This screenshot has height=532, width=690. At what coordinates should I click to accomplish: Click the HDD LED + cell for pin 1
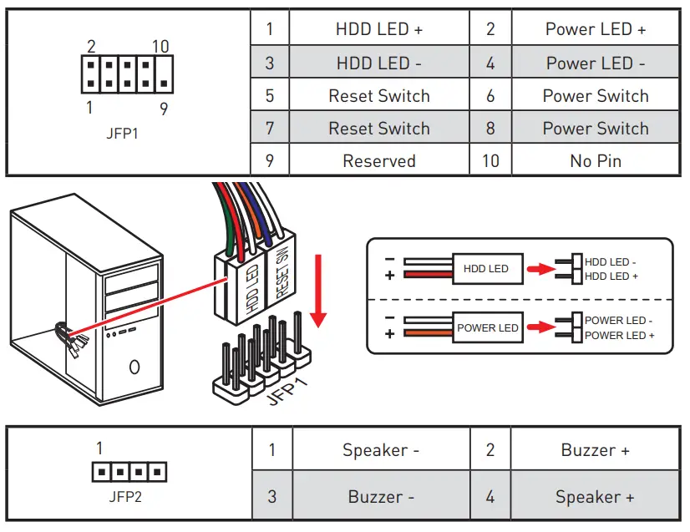tap(379, 29)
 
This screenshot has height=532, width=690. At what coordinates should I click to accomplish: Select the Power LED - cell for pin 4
tap(596, 63)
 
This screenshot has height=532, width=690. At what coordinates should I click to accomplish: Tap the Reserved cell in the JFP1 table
tap(379, 160)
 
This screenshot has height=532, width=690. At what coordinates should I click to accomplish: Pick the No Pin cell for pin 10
tap(596, 160)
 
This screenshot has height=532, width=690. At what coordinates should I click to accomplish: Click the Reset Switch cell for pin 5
tap(379, 96)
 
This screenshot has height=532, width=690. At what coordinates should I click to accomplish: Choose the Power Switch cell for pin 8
tap(596, 129)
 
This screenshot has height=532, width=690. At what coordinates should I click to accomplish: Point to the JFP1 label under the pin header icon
tap(124, 133)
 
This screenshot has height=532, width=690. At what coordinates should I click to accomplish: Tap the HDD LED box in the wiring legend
tap(486, 269)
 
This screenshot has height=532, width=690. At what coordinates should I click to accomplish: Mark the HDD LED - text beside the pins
tap(611, 262)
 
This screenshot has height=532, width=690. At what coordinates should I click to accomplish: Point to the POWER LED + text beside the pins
tap(619, 336)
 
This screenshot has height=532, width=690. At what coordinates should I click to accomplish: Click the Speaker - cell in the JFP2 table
tap(380, 451)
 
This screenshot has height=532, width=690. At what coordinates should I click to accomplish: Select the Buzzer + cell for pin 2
tap(595, 451)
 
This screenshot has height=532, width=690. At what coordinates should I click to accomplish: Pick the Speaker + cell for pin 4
tap(595, 498)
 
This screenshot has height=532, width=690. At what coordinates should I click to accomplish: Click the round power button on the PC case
tap(134, 367)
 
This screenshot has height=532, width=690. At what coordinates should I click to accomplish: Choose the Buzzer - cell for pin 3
tap(380, 498)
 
